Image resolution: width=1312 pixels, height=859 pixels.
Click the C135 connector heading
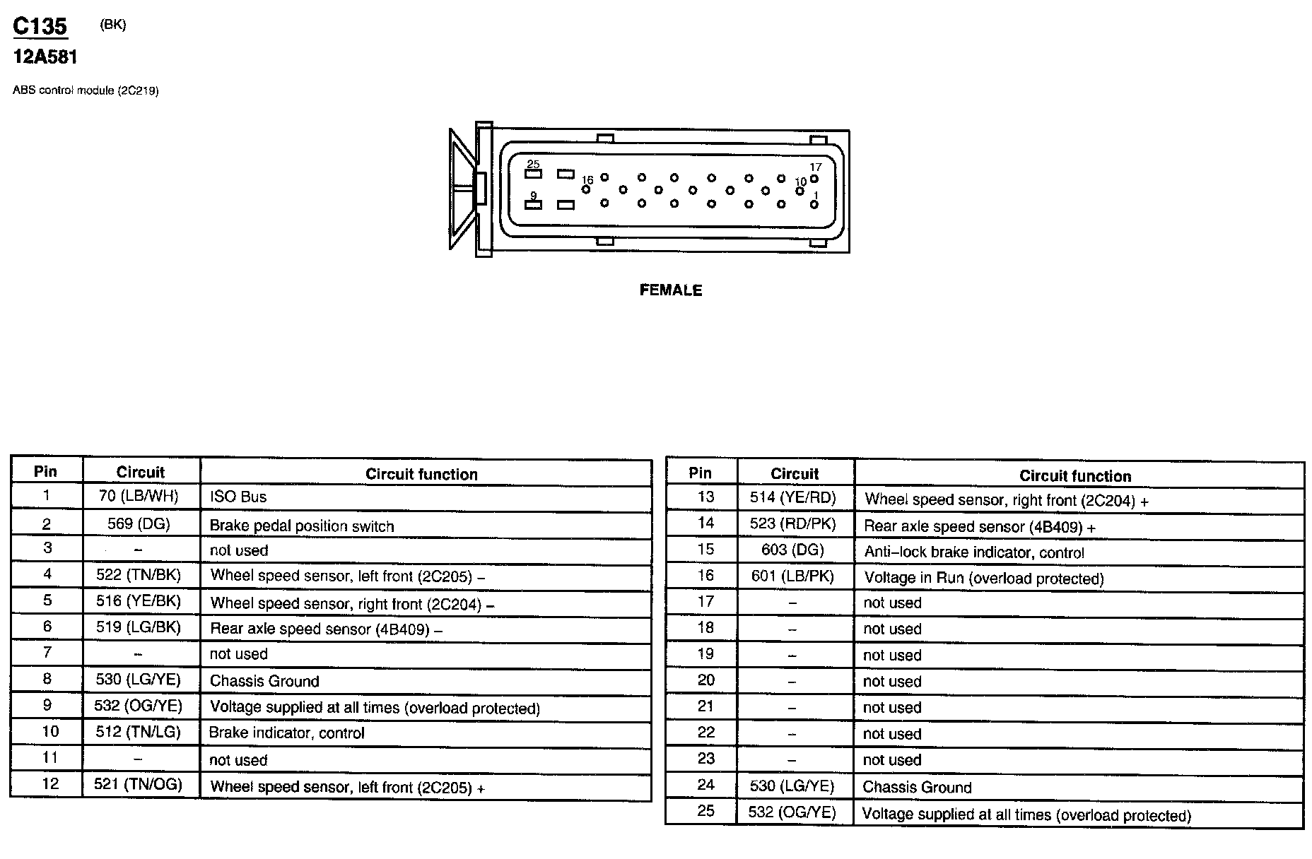tap(40, 26)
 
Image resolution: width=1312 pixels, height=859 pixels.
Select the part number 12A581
tap(45, 57)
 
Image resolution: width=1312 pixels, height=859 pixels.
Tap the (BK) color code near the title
tap(113, 25)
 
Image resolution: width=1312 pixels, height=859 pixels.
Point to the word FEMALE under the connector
tap(670, 290)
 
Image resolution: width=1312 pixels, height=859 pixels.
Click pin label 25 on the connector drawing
tap(533, 165)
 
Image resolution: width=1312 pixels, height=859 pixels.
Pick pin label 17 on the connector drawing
tap(815, 167)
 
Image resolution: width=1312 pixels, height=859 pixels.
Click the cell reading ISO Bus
tap(238, 497)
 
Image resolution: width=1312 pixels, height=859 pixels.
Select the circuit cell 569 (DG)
tap(139, 523)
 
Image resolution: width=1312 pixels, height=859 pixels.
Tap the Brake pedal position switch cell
tap(302, 526)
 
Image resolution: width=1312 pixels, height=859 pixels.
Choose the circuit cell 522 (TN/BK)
tap(139, 575)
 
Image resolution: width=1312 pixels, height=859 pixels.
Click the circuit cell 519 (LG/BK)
tap(139, 627)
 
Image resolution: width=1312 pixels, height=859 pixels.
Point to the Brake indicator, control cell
tap(286, 733)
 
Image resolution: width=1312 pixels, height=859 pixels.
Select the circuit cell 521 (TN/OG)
tap(139, 784)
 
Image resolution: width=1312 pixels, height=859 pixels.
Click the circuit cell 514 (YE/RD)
tap(792, 498)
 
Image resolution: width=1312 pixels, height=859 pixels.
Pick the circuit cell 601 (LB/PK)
tap(792, 576)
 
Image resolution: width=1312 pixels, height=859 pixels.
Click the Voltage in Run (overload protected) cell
tap(983, 579)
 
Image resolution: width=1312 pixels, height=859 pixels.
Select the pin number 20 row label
tap(705, 680)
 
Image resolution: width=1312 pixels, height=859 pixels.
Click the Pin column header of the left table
tap(46, 472)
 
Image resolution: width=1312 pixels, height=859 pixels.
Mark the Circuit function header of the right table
tap(1074, 476)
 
